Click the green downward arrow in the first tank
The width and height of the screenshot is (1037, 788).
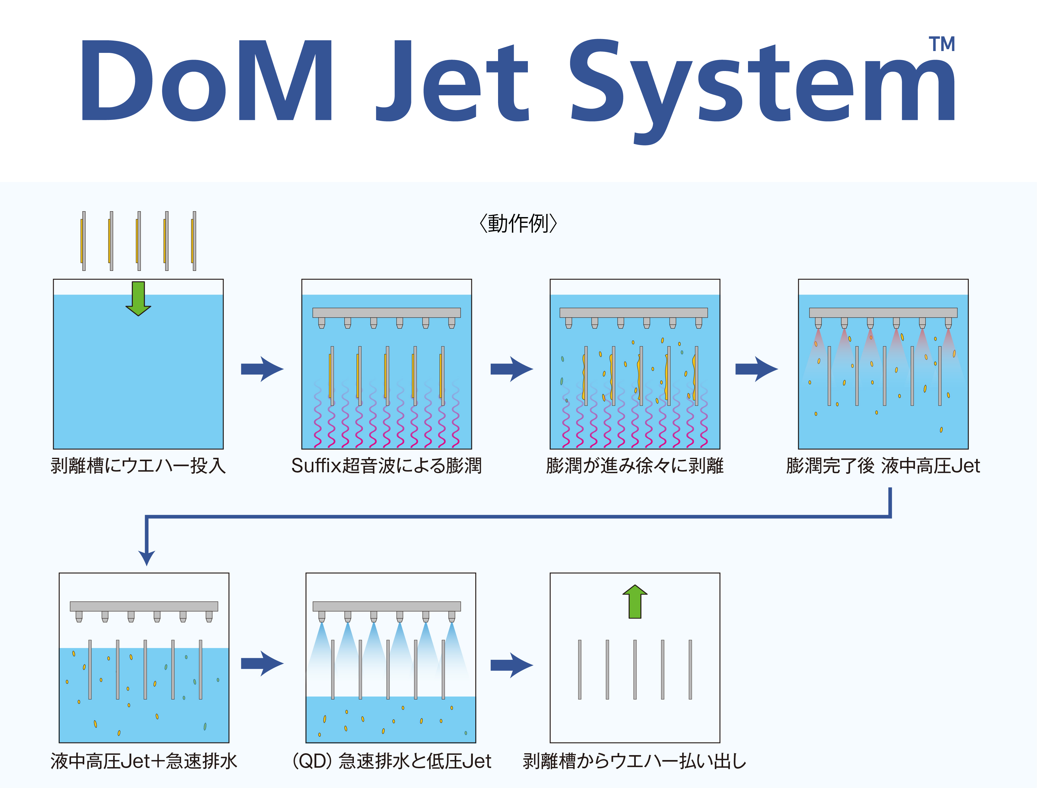(x=138, y=298)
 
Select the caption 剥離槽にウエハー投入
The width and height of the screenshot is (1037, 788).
(x=138, y=466)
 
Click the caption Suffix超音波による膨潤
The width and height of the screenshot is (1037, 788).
(x=386, y=466)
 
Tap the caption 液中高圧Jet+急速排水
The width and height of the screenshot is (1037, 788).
(x=144, y=761)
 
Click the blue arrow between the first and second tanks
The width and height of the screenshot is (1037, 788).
(x=262, y=369)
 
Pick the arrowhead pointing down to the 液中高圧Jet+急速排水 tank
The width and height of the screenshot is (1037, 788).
(x=147, y=557)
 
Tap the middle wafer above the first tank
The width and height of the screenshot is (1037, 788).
(x=139, y=241)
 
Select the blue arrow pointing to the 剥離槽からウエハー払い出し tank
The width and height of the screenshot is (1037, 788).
(x=511, y=665)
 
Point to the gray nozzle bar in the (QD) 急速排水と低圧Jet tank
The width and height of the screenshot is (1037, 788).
(x=386, y=606)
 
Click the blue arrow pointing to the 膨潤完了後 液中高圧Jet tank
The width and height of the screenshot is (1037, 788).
(x=756, y=369)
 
